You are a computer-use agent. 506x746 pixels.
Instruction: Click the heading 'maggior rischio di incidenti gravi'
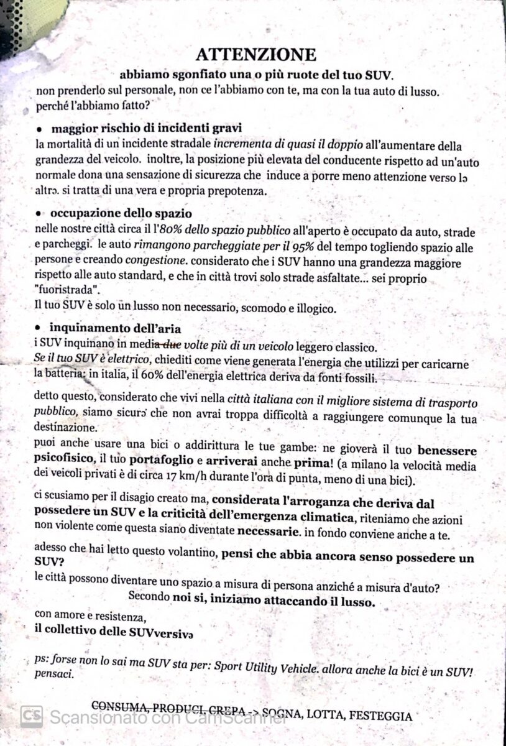[x=138, y=129]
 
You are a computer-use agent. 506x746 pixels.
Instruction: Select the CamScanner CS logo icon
[x=31, y=716]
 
